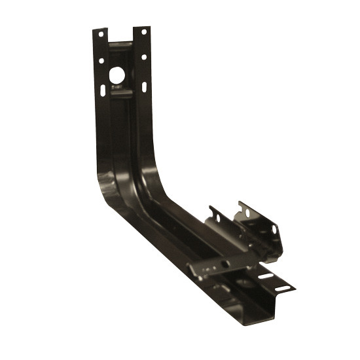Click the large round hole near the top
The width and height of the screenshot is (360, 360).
coord(117,75)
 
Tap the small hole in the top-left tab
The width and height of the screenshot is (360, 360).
coord(100,33)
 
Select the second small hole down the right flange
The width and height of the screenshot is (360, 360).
coord(144,58)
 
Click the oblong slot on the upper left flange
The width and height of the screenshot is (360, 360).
coord(104,88)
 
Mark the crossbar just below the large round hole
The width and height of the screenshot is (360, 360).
coord(120,94)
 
